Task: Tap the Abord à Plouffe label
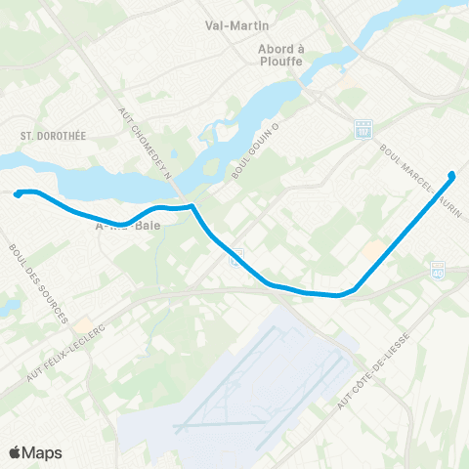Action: pos(279,54)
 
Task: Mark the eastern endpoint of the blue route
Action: pos(451,176)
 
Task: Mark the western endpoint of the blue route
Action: pos(18,194)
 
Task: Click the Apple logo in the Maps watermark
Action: pos(16,451)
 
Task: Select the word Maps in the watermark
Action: pos(43,452)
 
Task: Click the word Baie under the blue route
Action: pos(148,226)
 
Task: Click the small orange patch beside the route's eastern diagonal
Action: pos(372,251)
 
